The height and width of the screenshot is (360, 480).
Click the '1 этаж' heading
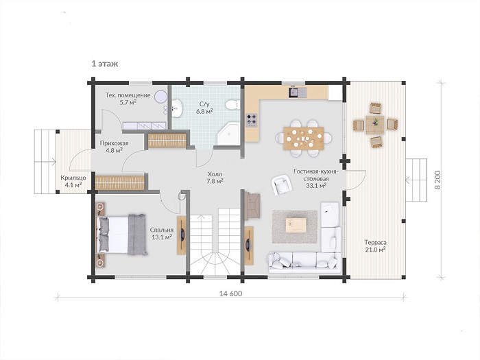(x=105, y=64)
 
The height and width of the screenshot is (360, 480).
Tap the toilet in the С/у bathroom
(x=232, y=105)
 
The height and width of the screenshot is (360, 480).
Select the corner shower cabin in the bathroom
(x=229, y=134)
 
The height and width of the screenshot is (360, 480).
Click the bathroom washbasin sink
(x=177, y=108)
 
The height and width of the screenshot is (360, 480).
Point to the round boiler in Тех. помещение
(x=160, y=97)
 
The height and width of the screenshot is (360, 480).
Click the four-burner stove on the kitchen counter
(x=252, y=120)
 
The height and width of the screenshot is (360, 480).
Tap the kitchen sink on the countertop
(x=297, y=93)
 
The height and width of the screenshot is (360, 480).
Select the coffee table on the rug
(x=296, y=226)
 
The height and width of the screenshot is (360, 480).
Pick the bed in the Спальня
(x=121, y=235)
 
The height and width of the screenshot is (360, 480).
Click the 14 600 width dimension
(x=231, y=293)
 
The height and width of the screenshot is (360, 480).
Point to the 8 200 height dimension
(x=437, y=180)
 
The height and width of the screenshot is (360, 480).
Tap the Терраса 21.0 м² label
(x=375, y=246)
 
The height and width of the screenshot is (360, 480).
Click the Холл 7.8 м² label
(x=215, y=178)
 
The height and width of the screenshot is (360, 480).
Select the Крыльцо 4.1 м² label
(x=73, y=181)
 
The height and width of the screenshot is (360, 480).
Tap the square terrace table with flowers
(x=375, y=125)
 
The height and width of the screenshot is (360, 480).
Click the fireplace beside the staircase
(x=252, y=205)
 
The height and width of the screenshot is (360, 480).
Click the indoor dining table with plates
(x=303, y=139)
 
